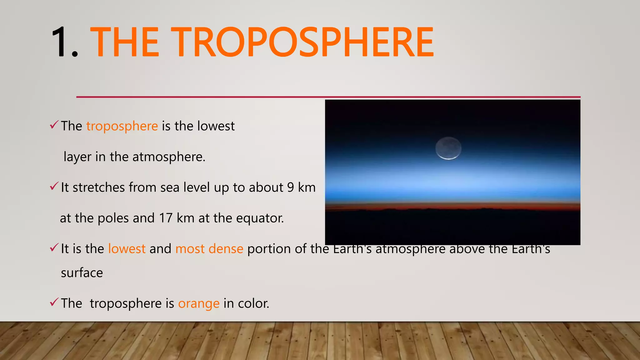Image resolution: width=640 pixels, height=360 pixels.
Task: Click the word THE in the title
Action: (x=125, y=42)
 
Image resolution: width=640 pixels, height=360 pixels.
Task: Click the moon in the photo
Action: (x=448, y=148)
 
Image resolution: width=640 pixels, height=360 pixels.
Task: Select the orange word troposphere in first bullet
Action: (x=122, y=126)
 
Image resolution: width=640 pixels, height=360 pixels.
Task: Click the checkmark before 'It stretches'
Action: (x=54, y=187)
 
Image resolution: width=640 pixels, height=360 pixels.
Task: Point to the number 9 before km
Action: (x=290, y=187)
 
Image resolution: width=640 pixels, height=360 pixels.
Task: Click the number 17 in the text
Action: (x=166, y=218)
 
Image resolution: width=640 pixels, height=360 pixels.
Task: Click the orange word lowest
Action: (x=127, y=249)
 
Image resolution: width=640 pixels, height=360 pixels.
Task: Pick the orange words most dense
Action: (x=209, y=249)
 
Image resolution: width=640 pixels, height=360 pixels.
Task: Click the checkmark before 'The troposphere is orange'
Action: (x=54, y=302)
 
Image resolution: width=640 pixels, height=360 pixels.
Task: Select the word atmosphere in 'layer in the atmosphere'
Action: (x=168, y=157)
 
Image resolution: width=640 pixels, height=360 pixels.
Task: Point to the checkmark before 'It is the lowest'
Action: (x=54, y=248)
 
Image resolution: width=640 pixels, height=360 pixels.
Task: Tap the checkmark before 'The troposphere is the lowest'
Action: (x=54, y=125)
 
